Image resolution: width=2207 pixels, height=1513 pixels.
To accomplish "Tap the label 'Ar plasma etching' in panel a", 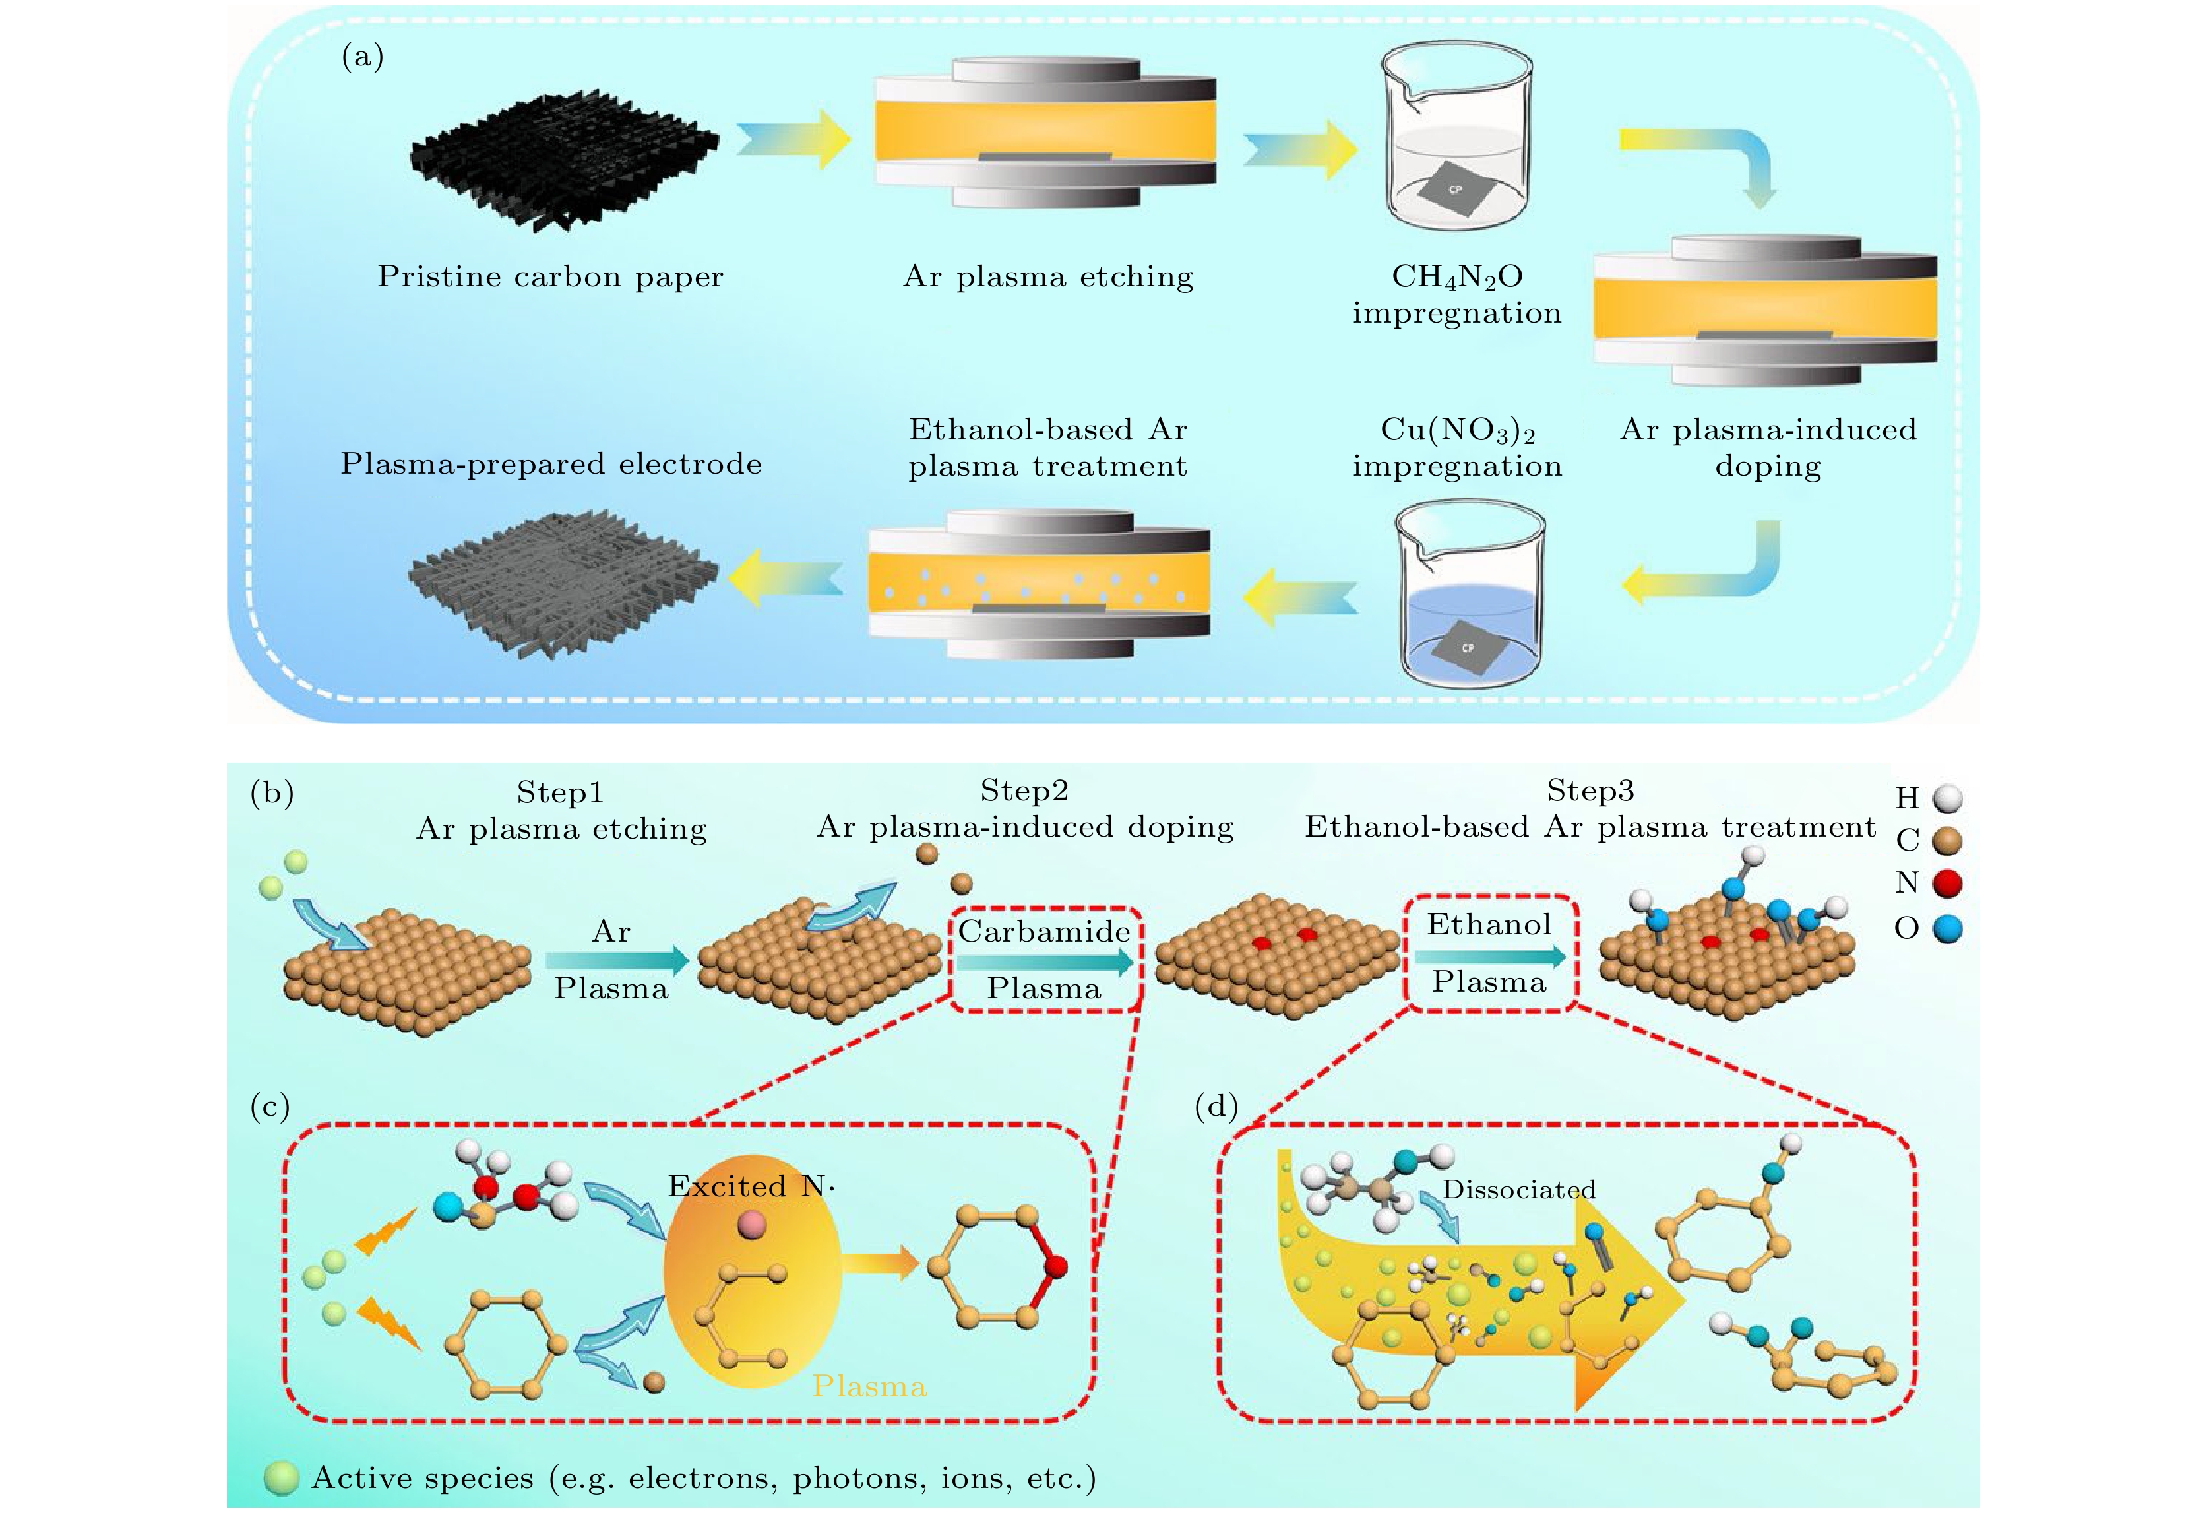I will coord(1047,276).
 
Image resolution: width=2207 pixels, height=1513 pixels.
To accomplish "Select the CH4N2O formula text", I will coord(1457,276).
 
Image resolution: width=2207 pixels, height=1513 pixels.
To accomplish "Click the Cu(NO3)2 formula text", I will coord(1457,430).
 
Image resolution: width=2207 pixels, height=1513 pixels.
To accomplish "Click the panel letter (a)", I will coord(362,57).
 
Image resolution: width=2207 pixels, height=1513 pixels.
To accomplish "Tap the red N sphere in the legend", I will coord(1947,884).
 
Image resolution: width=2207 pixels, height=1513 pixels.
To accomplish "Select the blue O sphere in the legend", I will coord(1947,928).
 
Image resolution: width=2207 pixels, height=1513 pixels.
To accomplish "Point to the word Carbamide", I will coord(1043,931).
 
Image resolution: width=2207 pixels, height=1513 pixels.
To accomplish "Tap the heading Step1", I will coord(559,792).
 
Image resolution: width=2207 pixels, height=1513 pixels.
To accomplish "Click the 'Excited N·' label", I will coord(750,1186).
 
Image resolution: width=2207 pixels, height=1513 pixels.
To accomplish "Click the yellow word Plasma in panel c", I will coord(869,1387).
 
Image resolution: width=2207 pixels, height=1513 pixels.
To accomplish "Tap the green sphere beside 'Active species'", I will coord(281,1478).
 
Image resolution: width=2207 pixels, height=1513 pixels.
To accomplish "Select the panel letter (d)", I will coord(1216,1107).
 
